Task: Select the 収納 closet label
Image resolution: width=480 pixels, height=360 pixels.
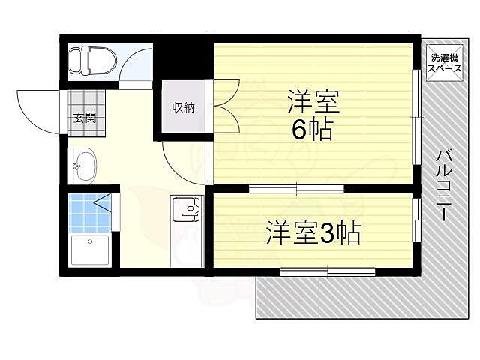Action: click(183, 107)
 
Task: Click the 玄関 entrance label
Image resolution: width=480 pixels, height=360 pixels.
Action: click(84, 117)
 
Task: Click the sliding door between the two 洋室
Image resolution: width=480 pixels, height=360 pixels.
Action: click(296, 188)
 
